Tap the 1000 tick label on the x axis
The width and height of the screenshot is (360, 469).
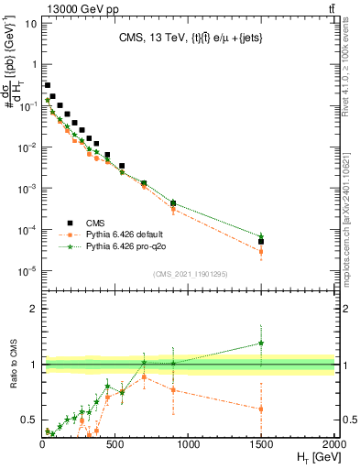tap(189, 444)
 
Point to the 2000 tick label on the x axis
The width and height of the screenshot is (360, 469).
tap(334, 444)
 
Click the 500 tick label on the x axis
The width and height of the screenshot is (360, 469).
tap(115, 444)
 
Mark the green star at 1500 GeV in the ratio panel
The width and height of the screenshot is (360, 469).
tap(261, 344)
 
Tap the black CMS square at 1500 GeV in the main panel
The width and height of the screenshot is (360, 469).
tap(261, 242)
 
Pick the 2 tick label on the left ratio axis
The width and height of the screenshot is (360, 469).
tap(33, 309)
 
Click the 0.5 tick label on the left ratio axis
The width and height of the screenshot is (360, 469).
tap(30, 420)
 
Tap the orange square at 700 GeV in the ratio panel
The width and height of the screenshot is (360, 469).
tap(144, 377)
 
